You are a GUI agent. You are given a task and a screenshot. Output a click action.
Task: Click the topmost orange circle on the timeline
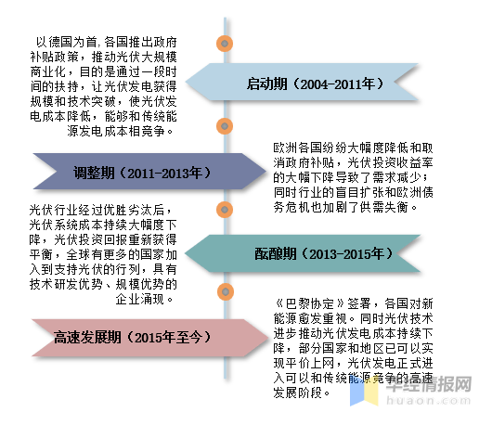click(225, 44)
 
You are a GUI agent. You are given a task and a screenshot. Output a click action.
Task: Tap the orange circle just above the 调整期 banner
click(225, 126)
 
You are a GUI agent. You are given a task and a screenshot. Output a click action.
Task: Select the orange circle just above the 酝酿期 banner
click(225, 210)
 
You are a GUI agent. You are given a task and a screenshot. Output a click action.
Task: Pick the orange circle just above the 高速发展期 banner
click(226, 291)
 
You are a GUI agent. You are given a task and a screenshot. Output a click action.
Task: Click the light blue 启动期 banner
click(302, 83)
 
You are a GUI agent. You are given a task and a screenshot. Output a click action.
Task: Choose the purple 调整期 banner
click(149, 172)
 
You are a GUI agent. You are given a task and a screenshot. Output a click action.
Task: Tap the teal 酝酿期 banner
click(303, 253)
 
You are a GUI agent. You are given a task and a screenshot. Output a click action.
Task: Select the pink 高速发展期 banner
click(150, 338)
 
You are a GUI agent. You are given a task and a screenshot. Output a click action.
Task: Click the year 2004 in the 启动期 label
click(314, 84)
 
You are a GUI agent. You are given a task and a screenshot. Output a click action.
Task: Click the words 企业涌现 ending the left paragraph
click(140, 299)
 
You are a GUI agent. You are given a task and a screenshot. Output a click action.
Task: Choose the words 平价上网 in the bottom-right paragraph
click(310, 363)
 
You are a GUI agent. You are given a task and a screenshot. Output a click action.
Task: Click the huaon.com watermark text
click(428, 400)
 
